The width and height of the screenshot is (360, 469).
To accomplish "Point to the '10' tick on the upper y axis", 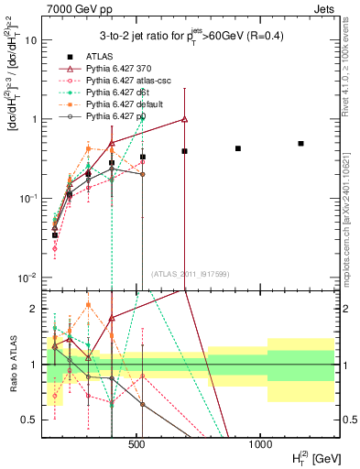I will (x=32, y=40).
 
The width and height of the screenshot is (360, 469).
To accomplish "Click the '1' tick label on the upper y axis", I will (x=35, y=119).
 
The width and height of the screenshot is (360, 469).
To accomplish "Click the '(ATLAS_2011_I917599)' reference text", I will (x=191, y=274).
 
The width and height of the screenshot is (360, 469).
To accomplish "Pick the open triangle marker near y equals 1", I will (x=185, y=118).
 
